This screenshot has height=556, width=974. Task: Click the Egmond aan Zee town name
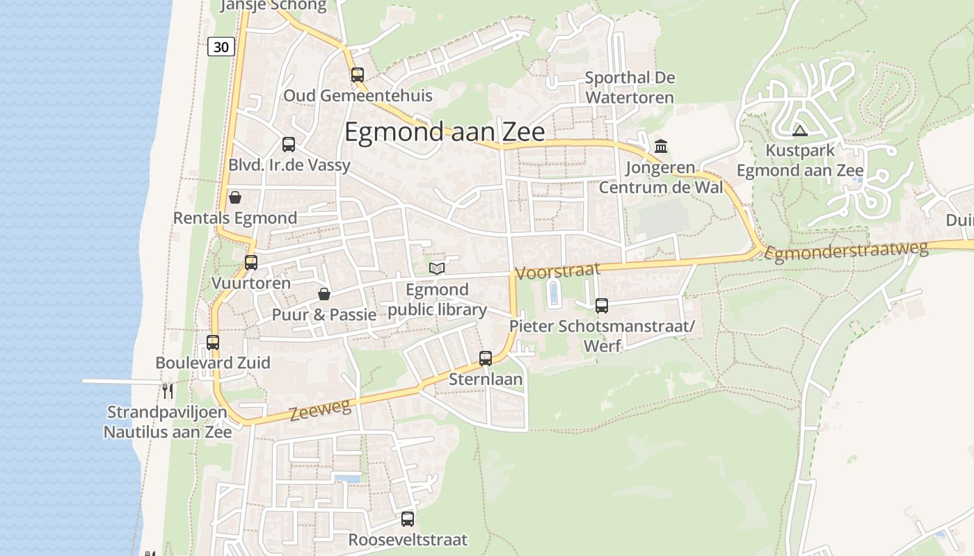pos(445,132)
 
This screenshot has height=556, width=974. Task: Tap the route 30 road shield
pos(221,47)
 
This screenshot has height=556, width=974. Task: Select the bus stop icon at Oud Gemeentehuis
pos(358,74)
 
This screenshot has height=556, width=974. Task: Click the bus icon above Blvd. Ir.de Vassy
pos(289,145)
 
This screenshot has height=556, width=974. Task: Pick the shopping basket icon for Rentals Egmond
pos(235,197)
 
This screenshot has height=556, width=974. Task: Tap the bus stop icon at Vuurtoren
pos(251,263)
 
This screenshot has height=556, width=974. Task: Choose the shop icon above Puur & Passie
pos(324,294)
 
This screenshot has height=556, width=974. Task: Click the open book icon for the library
pos(437,268)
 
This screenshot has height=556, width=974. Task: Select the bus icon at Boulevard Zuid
pos(213,342)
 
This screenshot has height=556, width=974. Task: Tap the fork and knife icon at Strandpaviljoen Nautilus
pos(168,391)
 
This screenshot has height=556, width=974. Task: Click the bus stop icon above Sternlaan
pos(486,359)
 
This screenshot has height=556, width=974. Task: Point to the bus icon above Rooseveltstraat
pos(408,518)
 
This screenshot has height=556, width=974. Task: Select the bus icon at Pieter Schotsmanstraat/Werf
pos(602,305)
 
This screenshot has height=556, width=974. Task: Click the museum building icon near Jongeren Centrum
pos(661,147)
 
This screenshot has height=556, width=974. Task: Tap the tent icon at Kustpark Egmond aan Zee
pos(800,130)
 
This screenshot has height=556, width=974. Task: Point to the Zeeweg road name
pos(320,410)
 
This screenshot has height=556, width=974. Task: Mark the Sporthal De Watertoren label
pos(630,88)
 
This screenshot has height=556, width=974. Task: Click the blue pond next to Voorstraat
pos(554,293)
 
